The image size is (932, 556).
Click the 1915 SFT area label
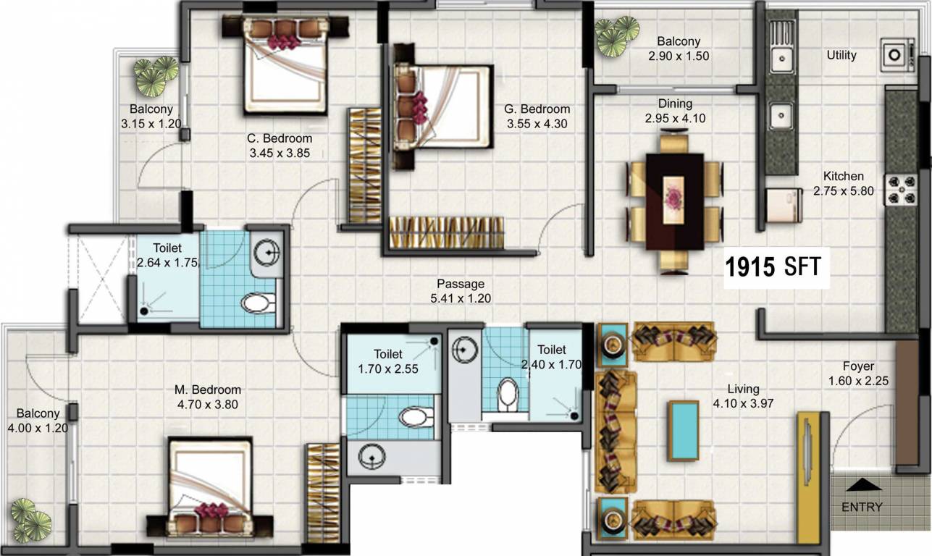pos(773,267)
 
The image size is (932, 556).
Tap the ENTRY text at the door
pos(862,507)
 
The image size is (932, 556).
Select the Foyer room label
pos(858,366)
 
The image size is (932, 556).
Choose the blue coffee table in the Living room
pos(683,430)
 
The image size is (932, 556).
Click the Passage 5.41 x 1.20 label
pos(461,298)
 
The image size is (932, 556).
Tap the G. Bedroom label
pos(537,109)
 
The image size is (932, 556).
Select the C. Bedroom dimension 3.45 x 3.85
pos(280,153)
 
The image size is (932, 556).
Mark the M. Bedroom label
pos(208,389)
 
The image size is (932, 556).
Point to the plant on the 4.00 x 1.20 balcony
pos(30,520)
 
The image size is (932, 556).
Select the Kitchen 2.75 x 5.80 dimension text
pos(843,191)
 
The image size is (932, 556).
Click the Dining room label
pos(675,104)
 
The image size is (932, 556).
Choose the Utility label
pos(841,55)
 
